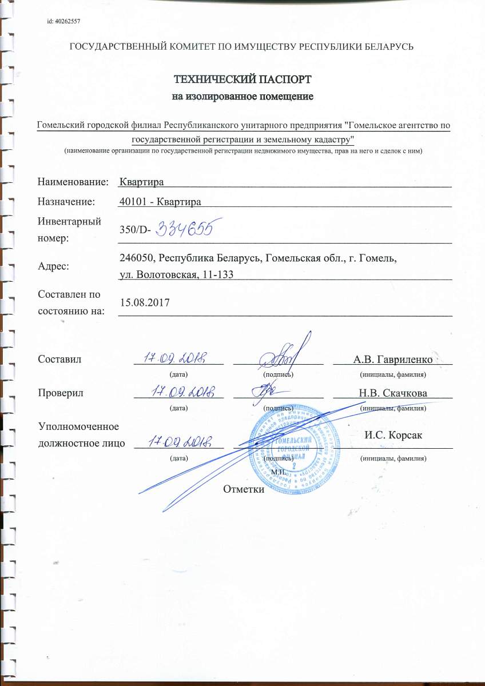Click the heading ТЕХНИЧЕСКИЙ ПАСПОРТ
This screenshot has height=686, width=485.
tap(242, 79)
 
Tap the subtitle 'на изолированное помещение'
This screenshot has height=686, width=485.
tap(242, 96)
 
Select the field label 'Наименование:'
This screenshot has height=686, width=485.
tap(73, 182)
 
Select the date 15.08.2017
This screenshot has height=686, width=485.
tap(141, 301)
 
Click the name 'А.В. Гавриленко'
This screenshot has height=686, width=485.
tap(392, 360)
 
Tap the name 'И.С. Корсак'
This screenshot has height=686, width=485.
tap(393, 436)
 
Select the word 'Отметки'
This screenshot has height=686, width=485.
tap(244, 489)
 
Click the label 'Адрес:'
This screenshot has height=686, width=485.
tap(54, 266)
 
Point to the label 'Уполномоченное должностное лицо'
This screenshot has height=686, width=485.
tap(81, 435)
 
